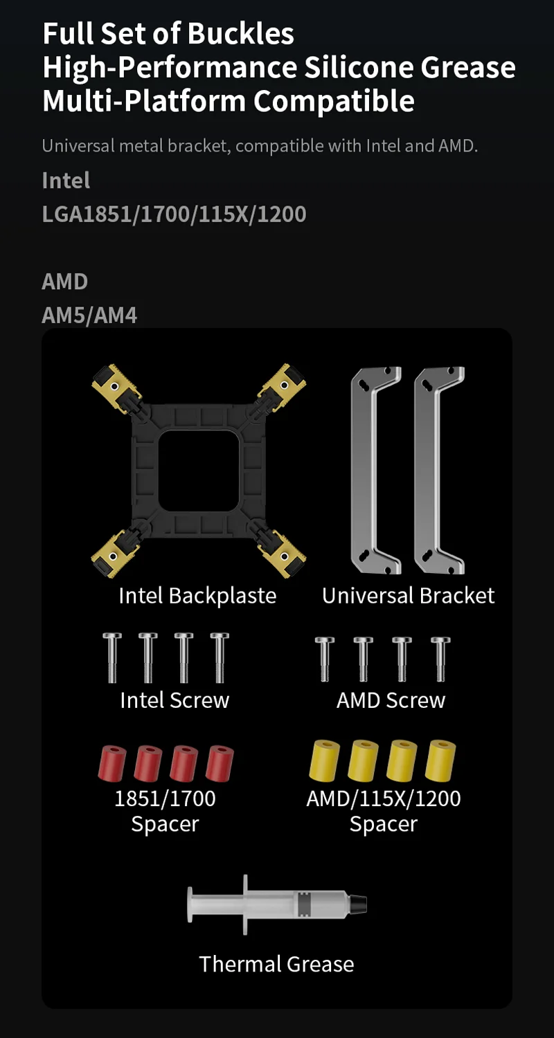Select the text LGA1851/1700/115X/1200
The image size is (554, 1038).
point(174,214)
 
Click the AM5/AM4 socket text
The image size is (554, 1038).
point(89,316)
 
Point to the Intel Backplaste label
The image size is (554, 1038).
point(197,596)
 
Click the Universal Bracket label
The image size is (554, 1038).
point(408,596)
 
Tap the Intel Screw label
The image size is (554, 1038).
point(175,700)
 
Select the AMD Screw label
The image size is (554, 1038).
point(391,700)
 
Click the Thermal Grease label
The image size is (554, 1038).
point(276,964)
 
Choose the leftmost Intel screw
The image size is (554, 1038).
point(112,657)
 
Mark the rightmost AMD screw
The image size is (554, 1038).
point(440,659)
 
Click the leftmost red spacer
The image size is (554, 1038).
point(111,763)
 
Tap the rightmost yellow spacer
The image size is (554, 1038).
point(440,760)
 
